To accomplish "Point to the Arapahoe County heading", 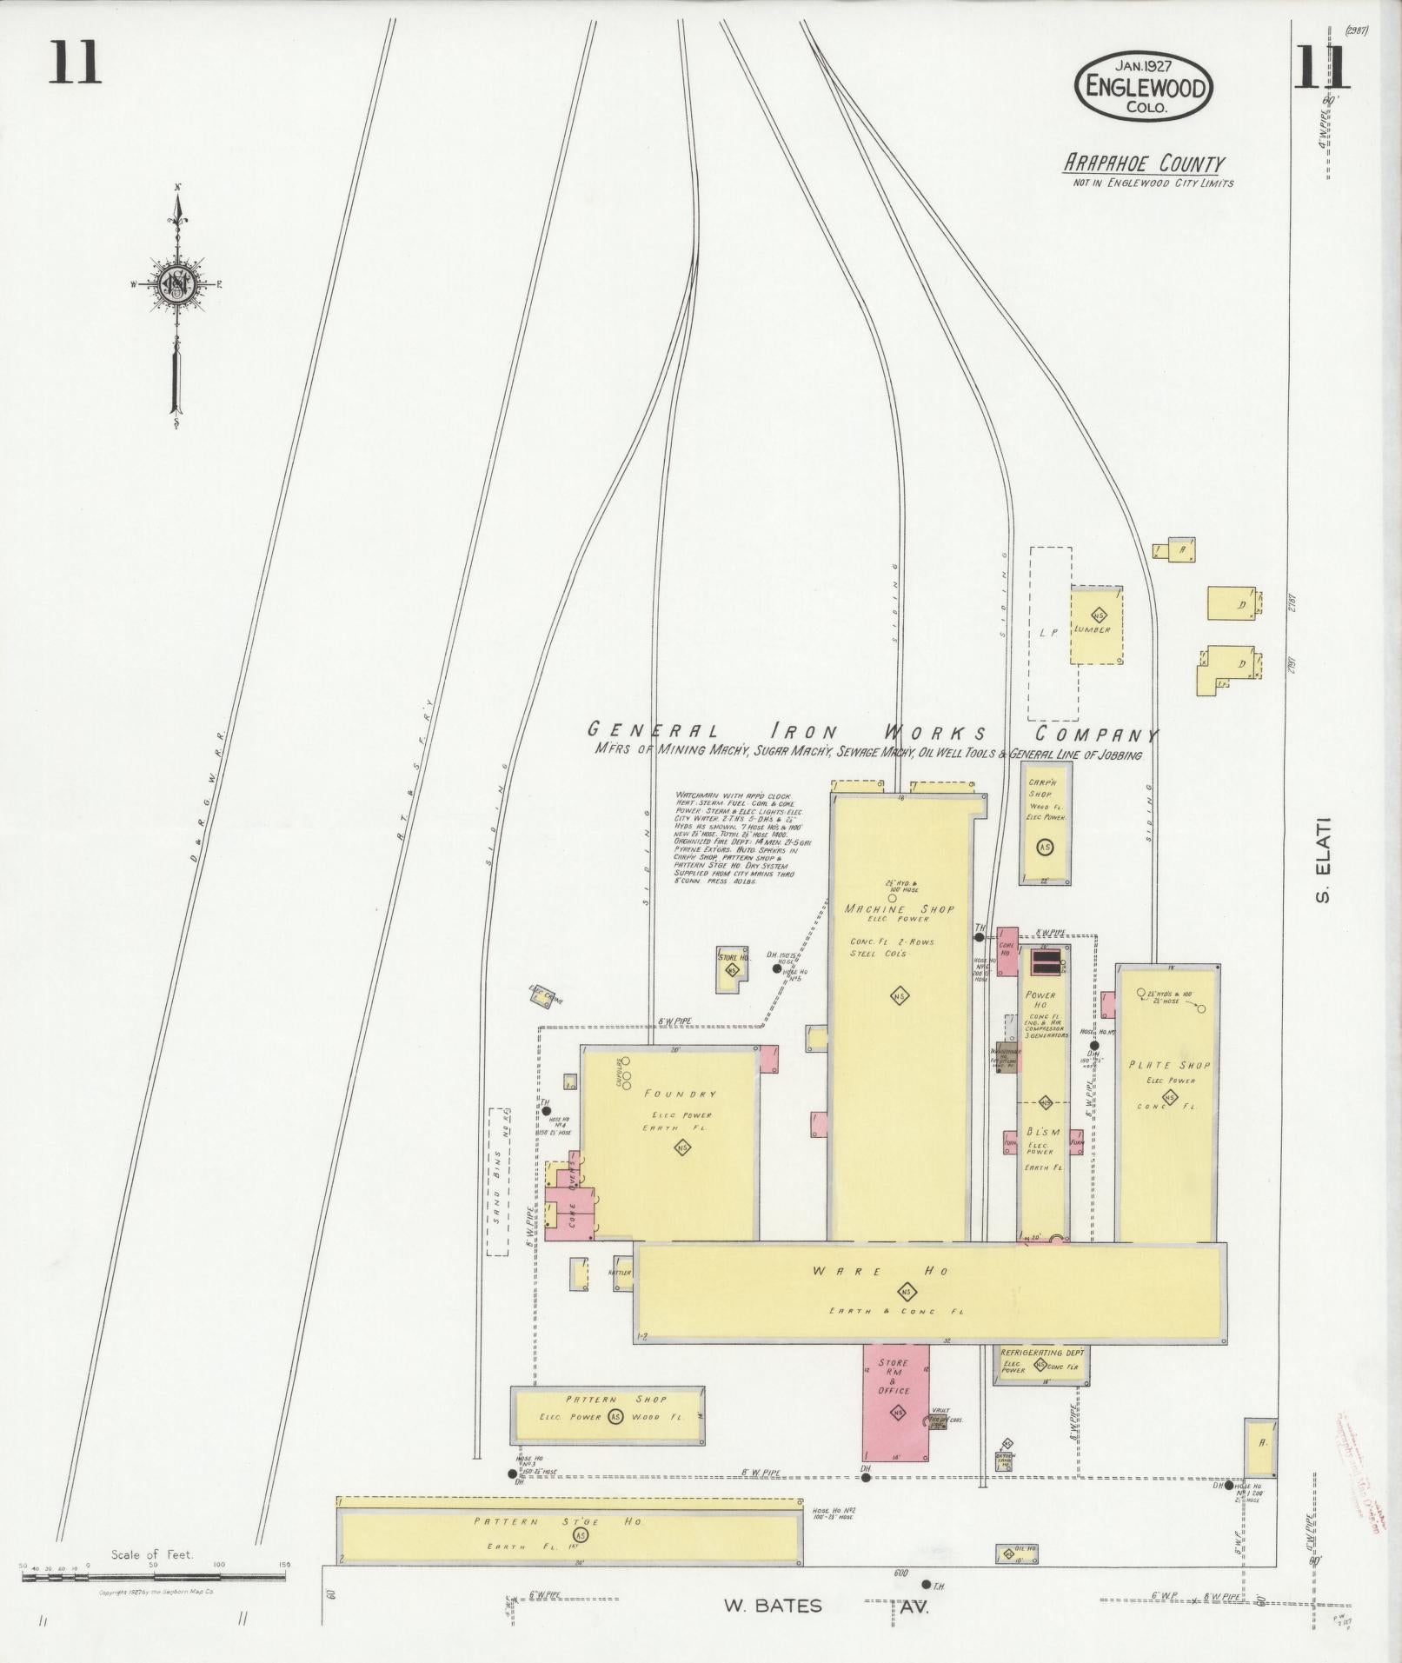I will pos(1142,163).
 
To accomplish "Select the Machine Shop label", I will pos(899,909).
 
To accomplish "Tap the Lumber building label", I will pos(1092,629).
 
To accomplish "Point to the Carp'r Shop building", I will pos(1045,822).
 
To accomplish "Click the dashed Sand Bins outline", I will pos(497,1181).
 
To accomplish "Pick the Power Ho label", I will pos(1040,1000).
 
